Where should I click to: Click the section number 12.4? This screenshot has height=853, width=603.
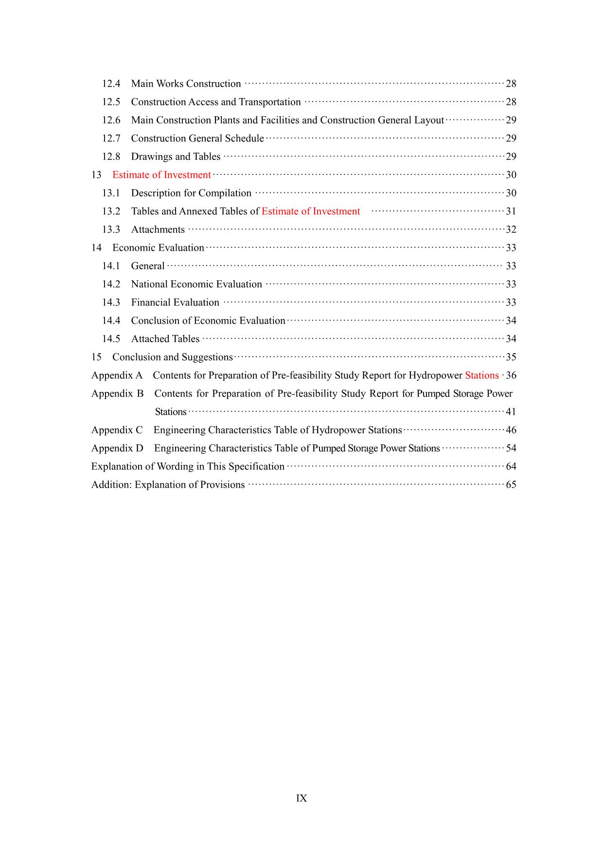tap(111, 84)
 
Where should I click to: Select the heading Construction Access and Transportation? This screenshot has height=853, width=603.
tap(215, 102)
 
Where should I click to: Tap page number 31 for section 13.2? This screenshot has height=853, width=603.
tap(511, 211)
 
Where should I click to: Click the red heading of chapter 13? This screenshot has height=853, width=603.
tap(161, 175)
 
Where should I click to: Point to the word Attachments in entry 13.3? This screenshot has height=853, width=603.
tap(158, 229)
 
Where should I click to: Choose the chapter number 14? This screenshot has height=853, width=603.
tap(96, 248)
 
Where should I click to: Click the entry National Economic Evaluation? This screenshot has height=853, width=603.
tap(196, 284)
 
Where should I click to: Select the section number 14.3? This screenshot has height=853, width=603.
tap(111, 302)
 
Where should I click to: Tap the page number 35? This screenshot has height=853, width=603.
tap(511, 357)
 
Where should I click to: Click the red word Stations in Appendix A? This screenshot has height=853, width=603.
tap(481, 375)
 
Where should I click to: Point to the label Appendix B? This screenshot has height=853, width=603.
tap(117, 394)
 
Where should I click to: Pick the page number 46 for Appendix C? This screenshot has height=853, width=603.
tap(511, 430)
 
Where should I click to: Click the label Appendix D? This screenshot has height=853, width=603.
tap(117, 448)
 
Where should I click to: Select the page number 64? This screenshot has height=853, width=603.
tap(511, 467)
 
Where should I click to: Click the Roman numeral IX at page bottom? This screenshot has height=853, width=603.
tap(301, 799)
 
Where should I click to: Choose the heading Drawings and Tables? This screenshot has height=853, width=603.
tap(176, 157)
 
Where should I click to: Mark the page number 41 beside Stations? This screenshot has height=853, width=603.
tap(511, 412)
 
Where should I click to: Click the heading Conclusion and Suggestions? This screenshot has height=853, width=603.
tap(172, 357)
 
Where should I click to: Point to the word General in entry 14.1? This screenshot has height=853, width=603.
tap(147, 266)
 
